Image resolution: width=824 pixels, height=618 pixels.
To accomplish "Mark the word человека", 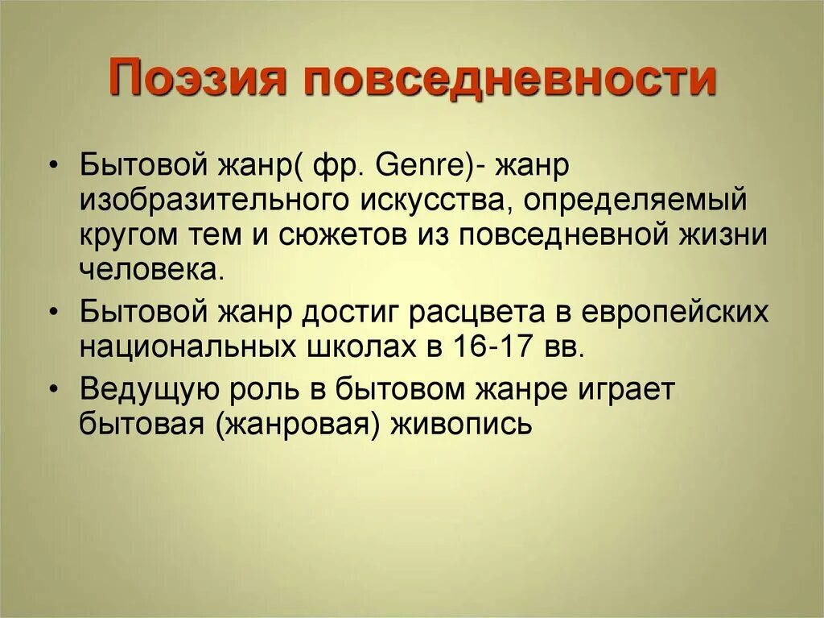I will point(149,268).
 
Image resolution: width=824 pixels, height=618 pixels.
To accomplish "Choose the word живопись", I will point(461,423).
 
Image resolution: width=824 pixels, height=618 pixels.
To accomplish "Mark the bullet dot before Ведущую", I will point(53,388).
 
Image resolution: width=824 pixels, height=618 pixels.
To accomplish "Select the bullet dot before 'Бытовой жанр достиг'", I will point(53,312).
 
